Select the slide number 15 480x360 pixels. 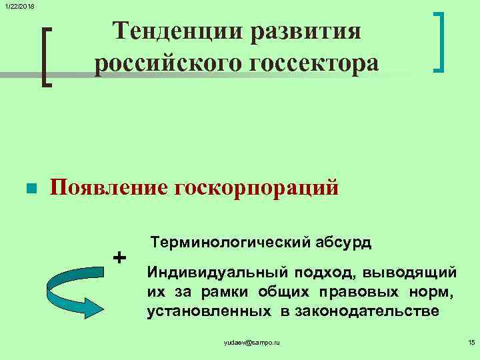tap(471, 342)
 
